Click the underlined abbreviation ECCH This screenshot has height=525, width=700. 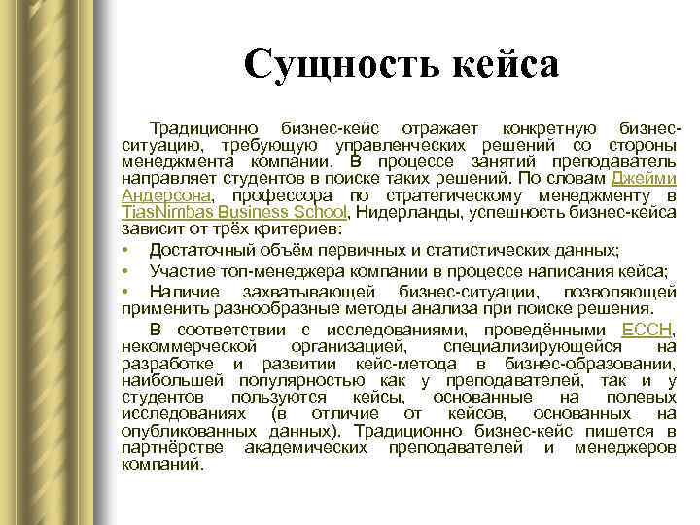tap(647, 330)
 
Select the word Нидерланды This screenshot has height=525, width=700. tap(396, 213)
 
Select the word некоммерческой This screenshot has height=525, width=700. tap(189, 346)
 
